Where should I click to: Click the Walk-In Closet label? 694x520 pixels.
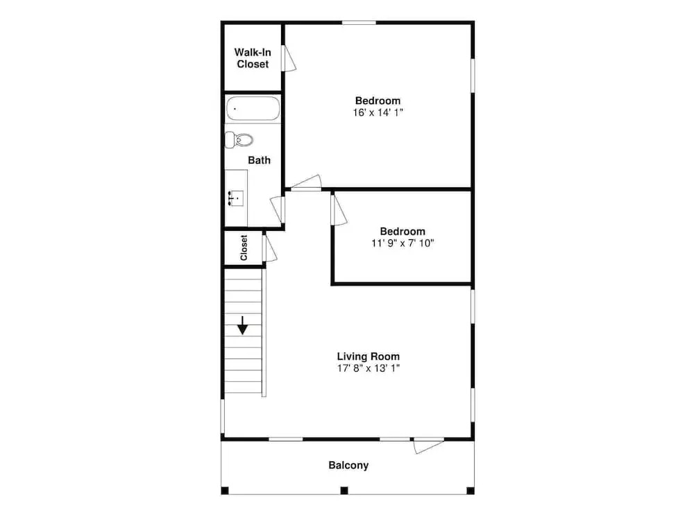pos(253,58)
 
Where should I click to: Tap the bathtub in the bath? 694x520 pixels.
pos(253,109)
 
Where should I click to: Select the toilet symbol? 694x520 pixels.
pos(239,140)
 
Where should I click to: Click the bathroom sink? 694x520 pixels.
pos(236,198)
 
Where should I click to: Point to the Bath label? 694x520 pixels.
pos(259,160)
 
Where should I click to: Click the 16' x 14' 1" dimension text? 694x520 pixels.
pos(378,113)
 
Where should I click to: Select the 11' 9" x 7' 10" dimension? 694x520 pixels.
pos(403,243)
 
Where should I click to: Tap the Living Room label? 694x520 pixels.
pos(369,356)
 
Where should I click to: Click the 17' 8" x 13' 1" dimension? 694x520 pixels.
pos(369,368)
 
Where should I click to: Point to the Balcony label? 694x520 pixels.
pos(348,465)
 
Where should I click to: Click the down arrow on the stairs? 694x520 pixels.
pos(242,325)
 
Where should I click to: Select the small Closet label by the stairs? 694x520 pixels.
pos(244,248)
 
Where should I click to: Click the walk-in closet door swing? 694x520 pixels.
pos(289,58)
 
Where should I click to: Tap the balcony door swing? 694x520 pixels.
pos(428,446)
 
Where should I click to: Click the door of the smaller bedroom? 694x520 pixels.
pos(339,210)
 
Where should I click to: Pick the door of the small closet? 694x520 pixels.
pos(269,248)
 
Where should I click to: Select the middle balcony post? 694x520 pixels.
pos(344,490)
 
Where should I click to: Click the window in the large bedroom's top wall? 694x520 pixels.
pos(359,23)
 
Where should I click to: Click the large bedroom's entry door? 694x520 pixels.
pos(306,183)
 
